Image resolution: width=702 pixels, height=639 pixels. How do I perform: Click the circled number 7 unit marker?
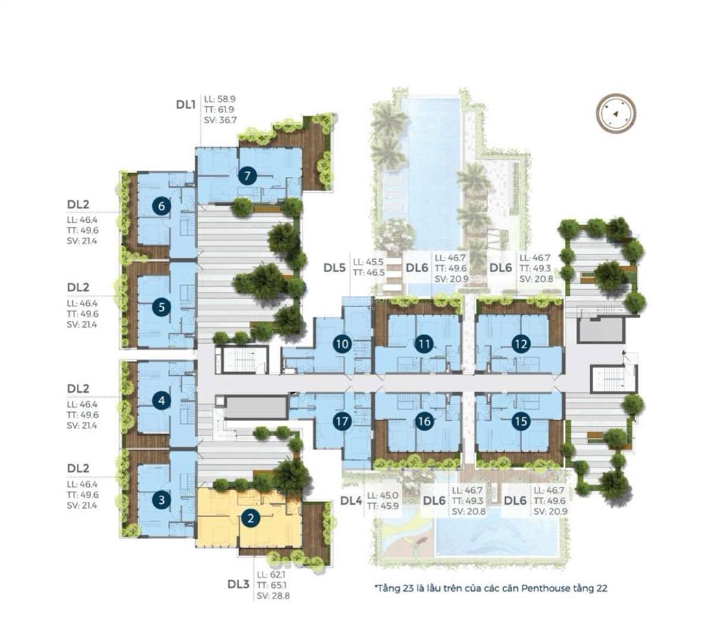tap(247, 176)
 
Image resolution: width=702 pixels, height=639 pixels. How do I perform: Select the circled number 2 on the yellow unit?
tap(251, 518)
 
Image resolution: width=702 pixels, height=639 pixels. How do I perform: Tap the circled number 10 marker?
tap(342, 344)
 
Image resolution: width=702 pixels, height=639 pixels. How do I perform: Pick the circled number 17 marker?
tap(342, 421)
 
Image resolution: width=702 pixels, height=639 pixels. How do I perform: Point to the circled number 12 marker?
tap(520, 344)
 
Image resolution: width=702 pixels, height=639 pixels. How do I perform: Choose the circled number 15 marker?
tap(520, 421)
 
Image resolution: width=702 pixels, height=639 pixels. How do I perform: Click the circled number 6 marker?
tap(162, 206)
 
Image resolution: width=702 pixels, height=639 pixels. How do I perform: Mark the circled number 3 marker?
tap(162, 500)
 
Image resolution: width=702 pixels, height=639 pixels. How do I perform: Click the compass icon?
tap(616, 113)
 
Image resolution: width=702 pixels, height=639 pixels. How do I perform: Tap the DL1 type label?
tap(186, 105)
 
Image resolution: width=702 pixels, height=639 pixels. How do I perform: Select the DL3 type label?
tap(238, 584)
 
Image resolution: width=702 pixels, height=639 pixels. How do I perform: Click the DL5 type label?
tap(335, 268)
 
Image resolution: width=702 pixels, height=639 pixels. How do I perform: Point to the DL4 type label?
tap(351, 501)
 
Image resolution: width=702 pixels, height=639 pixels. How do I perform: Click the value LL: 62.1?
tap(271, 575)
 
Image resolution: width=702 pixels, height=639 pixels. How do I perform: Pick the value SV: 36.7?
tap(220, 120)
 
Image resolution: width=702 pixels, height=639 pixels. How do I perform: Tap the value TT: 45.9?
tap(383, 506)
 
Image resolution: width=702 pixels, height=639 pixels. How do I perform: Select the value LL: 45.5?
tap(368, 262)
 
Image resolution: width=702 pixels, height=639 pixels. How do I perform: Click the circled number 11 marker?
tap(424, 344)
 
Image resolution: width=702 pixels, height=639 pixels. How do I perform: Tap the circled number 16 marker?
tap(424, 421)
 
